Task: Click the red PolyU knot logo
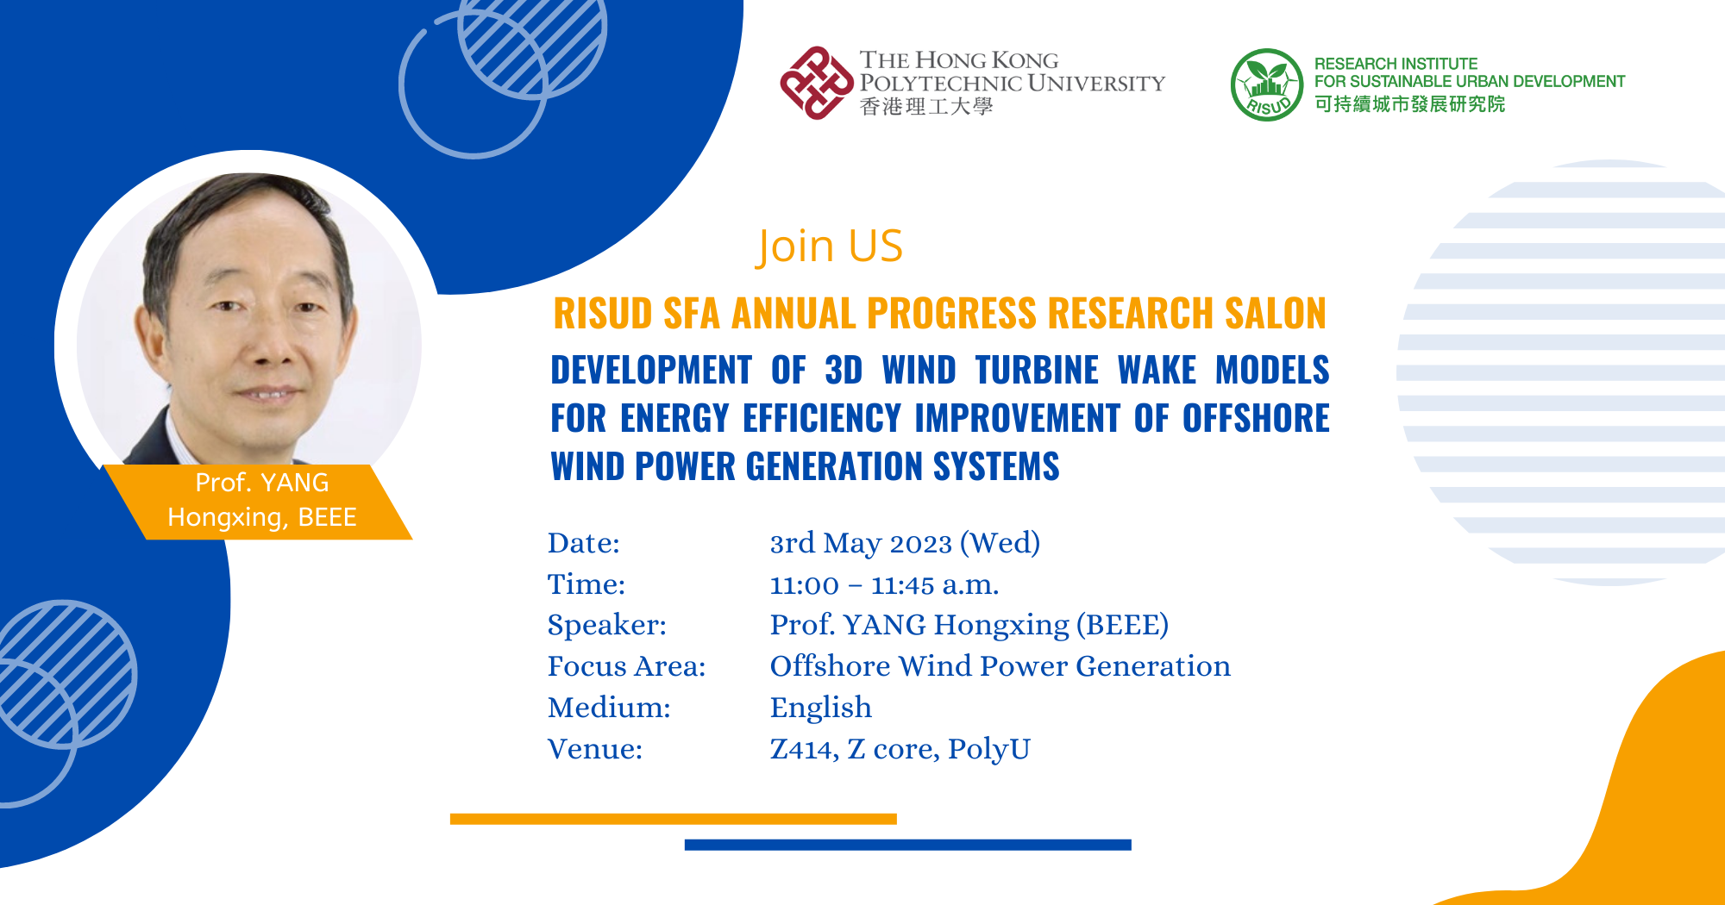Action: coord(816,83)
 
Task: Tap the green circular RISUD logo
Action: coord(1266,84)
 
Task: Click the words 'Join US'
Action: coord(829,247)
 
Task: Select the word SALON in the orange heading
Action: coord(1276,313)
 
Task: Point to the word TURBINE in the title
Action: coord(1037,370)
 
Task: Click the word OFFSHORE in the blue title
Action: coord(1256,418)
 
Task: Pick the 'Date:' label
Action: coord(584,543)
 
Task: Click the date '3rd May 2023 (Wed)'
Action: coord(905,543)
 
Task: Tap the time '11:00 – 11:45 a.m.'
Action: coord(884,585)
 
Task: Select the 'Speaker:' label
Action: coord(607,626)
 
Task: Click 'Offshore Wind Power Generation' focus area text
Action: coord(1000,666)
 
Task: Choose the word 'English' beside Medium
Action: coord(821,708)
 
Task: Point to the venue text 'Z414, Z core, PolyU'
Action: coord(900,749)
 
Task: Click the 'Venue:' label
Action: coord(595,749)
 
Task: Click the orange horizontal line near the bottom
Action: coord(674,819)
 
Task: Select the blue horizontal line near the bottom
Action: coord(908,845)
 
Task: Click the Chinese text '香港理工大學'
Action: coord(926,107)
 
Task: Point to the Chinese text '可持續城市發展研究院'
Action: coord(1410,104)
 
